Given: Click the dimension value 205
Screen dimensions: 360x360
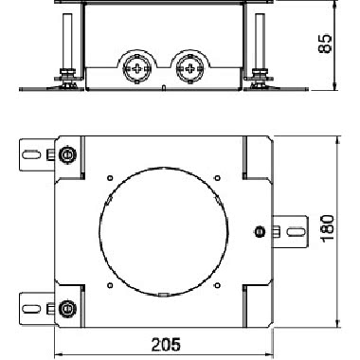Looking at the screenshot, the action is [166, 344].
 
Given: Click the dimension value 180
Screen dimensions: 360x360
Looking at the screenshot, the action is [327, 228].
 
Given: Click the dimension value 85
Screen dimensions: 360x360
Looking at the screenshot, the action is [325, 44].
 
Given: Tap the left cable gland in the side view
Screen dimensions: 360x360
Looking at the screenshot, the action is [136, 68].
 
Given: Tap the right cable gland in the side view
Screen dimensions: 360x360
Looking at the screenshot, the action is [189, 68].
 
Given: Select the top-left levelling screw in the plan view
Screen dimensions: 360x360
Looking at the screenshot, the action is [66, 154].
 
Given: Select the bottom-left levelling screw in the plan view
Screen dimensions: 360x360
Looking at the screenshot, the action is [66, 307].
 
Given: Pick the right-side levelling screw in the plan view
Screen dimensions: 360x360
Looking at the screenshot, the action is [259, 232].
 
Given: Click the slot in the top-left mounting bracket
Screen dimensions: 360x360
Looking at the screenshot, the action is [31, 154].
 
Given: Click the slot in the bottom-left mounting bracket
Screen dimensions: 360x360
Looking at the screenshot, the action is [31, 308].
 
